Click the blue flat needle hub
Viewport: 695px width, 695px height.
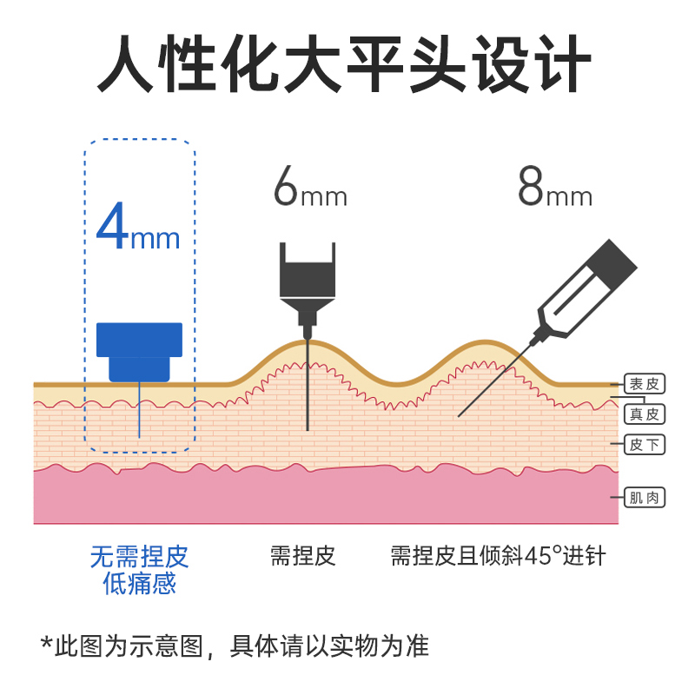click(x=139, y=351)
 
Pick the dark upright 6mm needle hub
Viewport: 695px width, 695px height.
click(x=307, y=278)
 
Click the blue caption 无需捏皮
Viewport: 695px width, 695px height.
click(x=139, y=556)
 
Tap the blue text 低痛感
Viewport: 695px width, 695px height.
click(x=139, y=584)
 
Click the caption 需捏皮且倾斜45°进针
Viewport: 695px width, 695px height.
click(x=498, y=556)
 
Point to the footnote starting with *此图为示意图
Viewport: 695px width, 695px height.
click(x=235, y=645)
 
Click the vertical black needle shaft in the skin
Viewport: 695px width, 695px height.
click(x=307, y=391)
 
